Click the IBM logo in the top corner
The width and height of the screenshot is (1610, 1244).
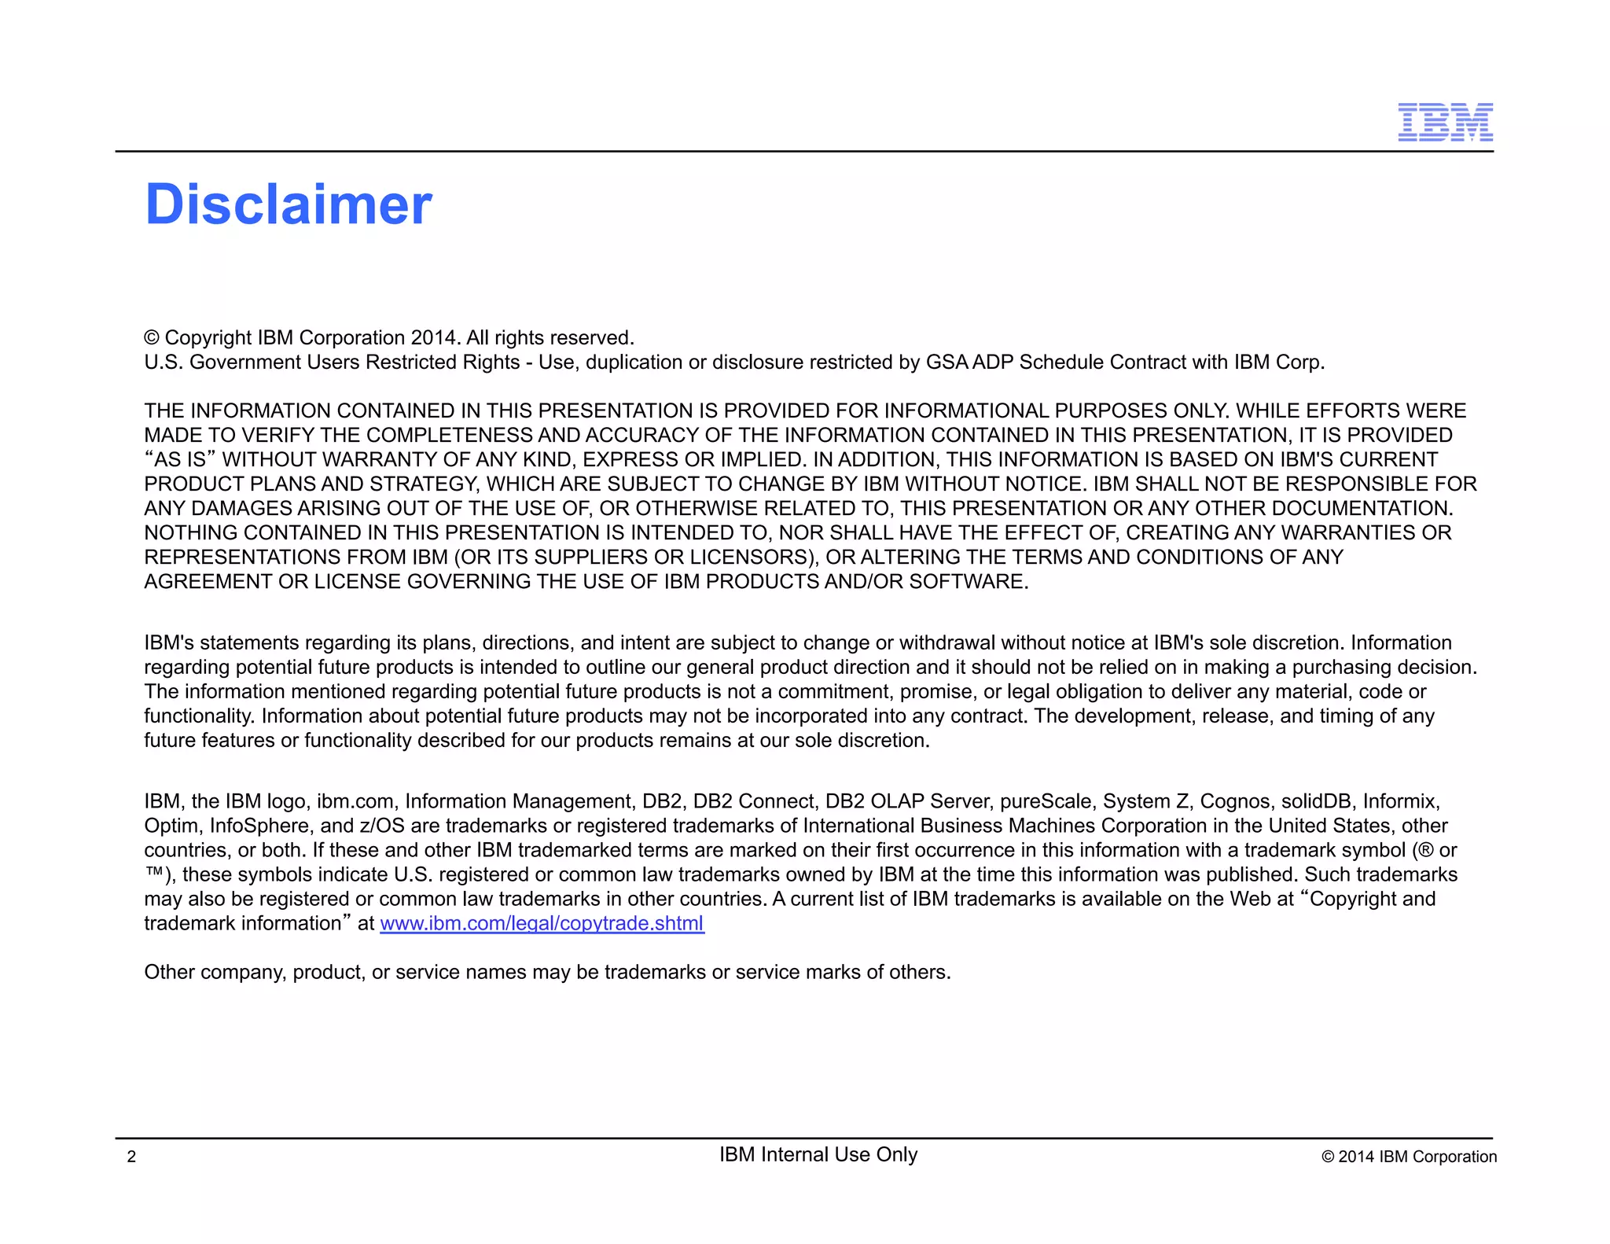(x=1445, y=123)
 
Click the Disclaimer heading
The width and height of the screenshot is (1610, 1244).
(x=289, y=204)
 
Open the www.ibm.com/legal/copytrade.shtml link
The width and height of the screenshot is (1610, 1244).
(x=542, y=923)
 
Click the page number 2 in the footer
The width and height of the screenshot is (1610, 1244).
(x=131, y=1157)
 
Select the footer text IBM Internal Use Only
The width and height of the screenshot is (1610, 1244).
(x=818, y=1154)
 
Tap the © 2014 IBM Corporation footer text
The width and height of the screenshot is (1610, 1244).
(x=1409, y=1157)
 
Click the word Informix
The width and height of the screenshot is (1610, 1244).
(x=1401, y=801)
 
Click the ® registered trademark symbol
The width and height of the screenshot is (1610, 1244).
(x=1425, y=850)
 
